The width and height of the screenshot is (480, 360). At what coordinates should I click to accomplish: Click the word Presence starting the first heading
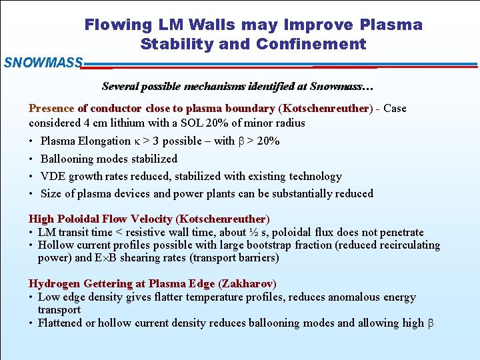(51, 109)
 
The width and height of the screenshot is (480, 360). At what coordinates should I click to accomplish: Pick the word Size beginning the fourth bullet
(51, 194)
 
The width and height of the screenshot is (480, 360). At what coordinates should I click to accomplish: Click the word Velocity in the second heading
(151, 219)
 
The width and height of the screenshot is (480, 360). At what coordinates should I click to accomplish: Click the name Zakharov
(247, 284)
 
